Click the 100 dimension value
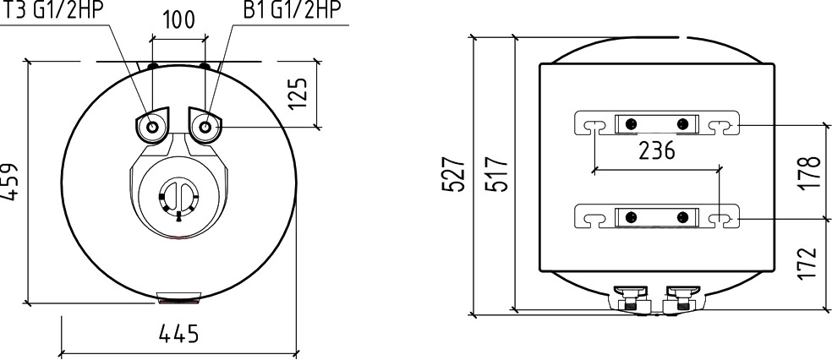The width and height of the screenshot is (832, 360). tap(178, 20)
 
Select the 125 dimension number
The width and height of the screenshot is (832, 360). tap(298, 94)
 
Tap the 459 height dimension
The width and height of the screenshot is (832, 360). tap(9, 182)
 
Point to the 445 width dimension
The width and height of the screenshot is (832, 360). tap(178, 334)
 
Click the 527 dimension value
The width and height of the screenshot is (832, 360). tap(454, 174)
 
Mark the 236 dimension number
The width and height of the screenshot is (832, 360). tap(657, 150)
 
